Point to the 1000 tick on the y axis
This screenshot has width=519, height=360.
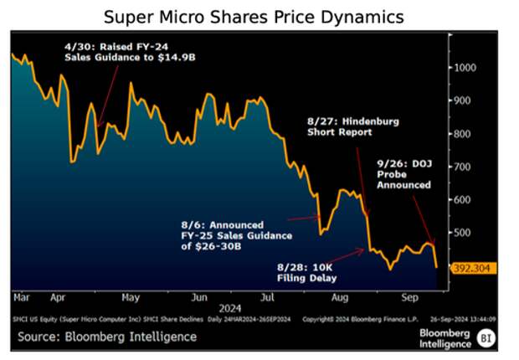tap(465, 68)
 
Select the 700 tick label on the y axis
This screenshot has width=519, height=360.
tap(464, 167)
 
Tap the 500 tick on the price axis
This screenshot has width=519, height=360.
tap(464, 233)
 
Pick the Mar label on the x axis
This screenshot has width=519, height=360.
tap(22, 296)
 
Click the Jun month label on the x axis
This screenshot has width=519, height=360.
tap(198, 296)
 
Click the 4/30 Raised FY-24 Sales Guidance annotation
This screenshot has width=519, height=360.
tap(126, 50)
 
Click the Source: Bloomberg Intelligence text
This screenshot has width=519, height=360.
tap(105, 337)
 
